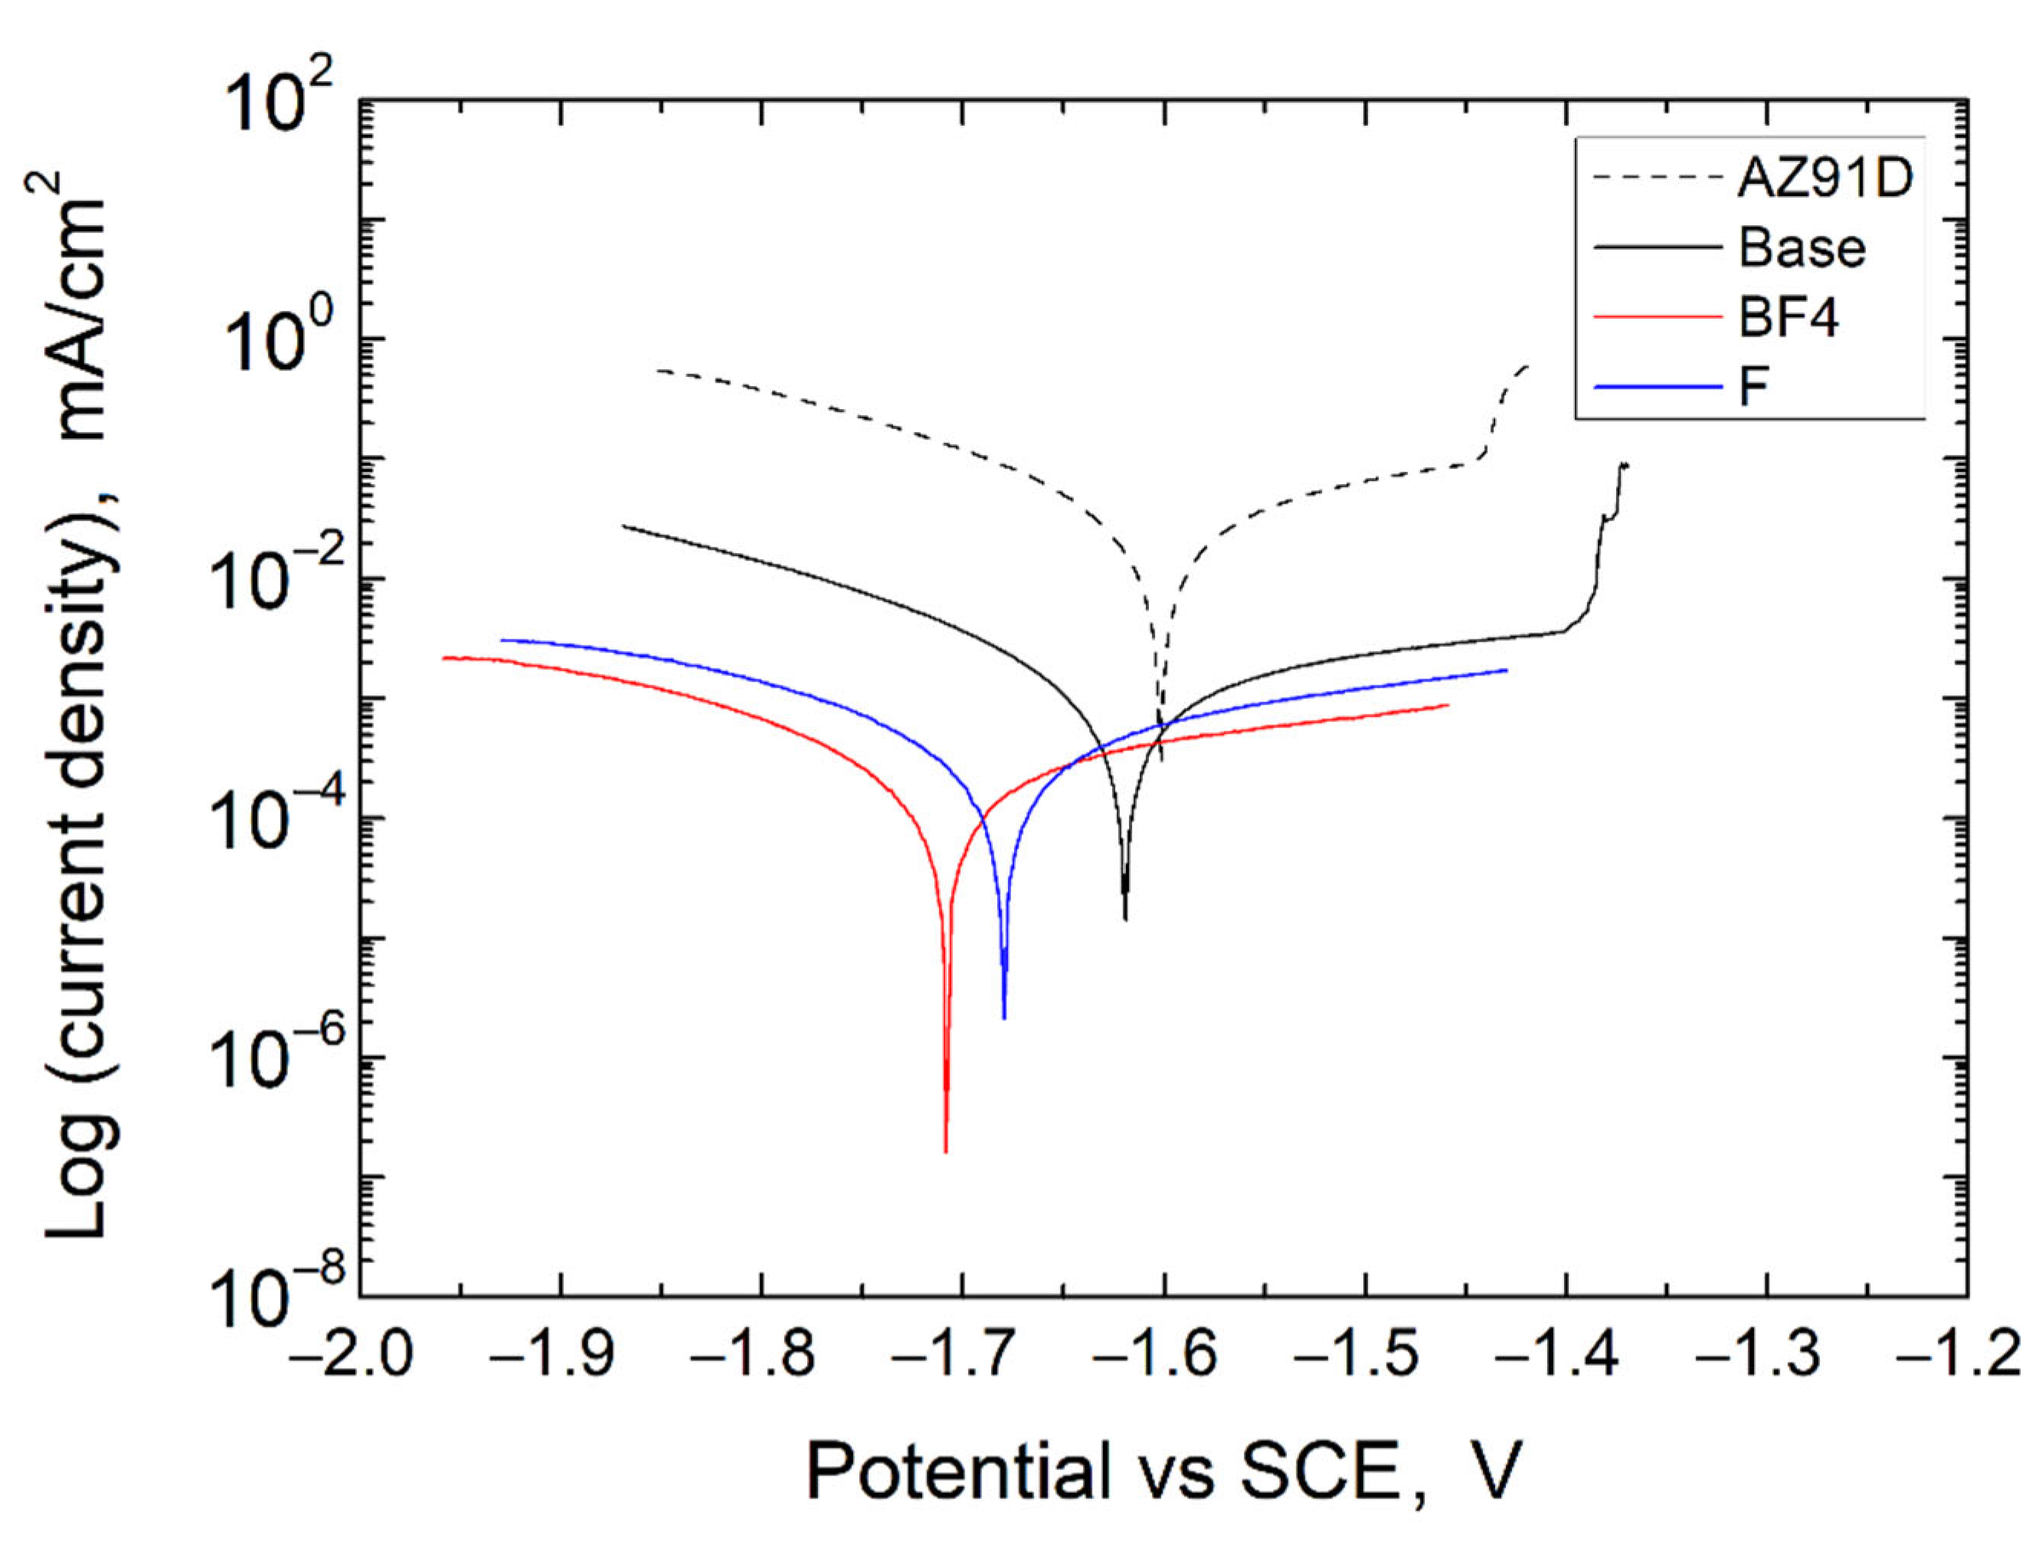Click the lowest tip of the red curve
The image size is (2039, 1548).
[946, 1151]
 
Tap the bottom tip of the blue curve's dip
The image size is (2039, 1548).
[1004, 1018]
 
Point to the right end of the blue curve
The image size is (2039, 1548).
[1506, 670]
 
